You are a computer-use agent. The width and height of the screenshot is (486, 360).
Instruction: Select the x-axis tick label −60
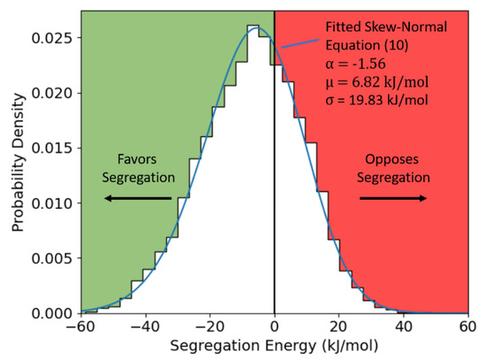coord(78,327)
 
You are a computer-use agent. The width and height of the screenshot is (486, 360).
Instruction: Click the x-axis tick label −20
coord(208,327)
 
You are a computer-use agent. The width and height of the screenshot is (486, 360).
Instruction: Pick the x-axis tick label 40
coord(404,327)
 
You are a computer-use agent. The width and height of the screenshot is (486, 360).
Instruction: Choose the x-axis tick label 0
coord(275,327)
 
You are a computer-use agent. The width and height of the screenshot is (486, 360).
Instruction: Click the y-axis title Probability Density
coord(18,164)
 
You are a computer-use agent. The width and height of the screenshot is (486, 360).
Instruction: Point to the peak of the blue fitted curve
coord(257,28)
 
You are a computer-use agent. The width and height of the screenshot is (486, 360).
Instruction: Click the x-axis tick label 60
coord(468,327)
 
